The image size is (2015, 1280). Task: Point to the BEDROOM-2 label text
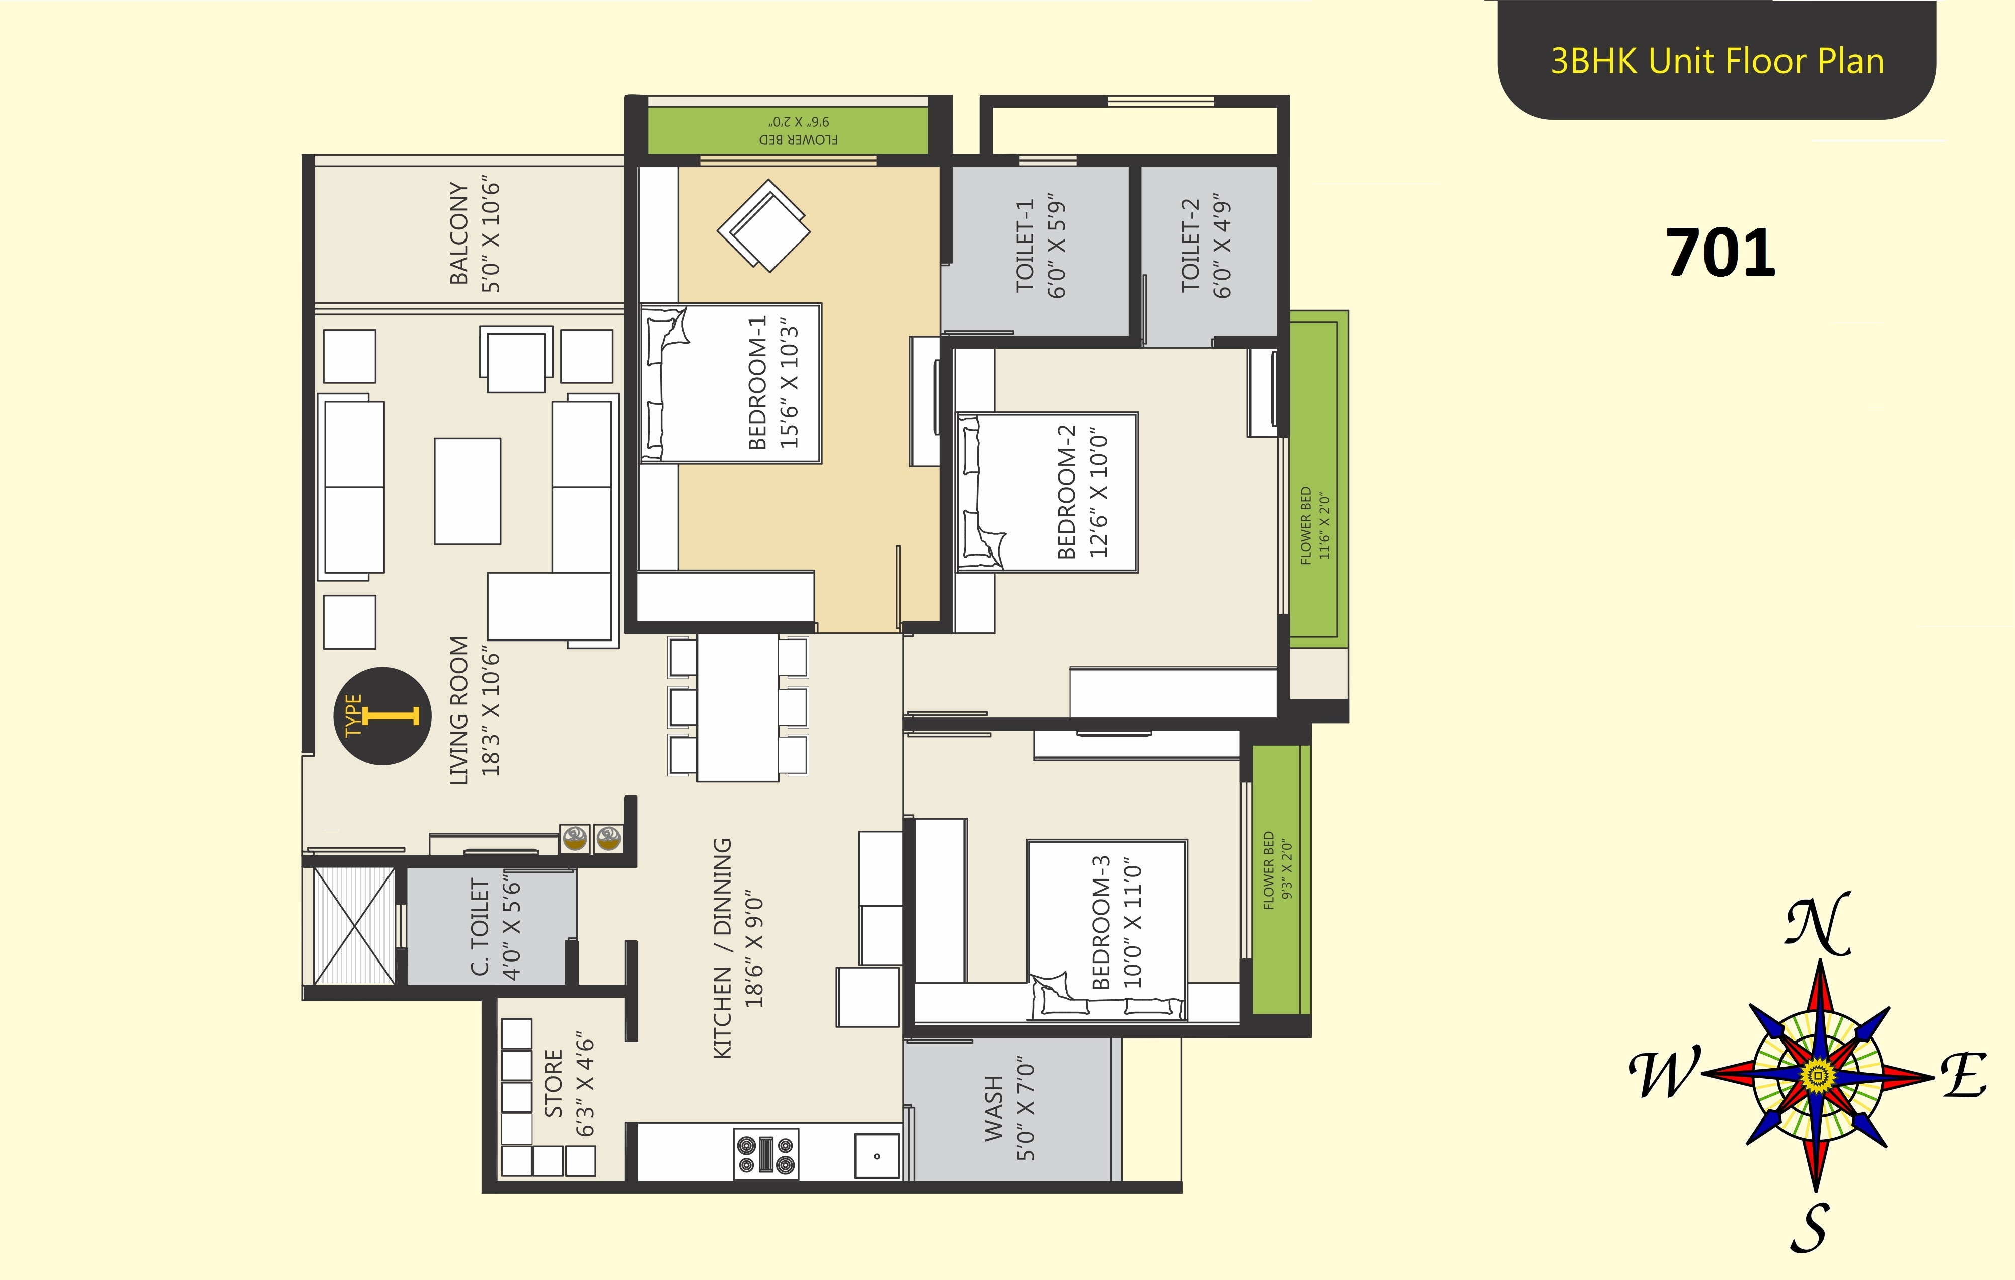coord(1066,492)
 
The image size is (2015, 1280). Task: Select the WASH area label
coord(993,1108)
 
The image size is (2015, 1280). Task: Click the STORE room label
coord(553,1083)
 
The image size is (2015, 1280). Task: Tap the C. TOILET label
coord(480,926)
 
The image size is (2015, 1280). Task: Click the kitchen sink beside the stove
coord(876,1155)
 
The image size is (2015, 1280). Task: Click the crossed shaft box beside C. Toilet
coord(354,926)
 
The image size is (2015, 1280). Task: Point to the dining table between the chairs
coord(738,708)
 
